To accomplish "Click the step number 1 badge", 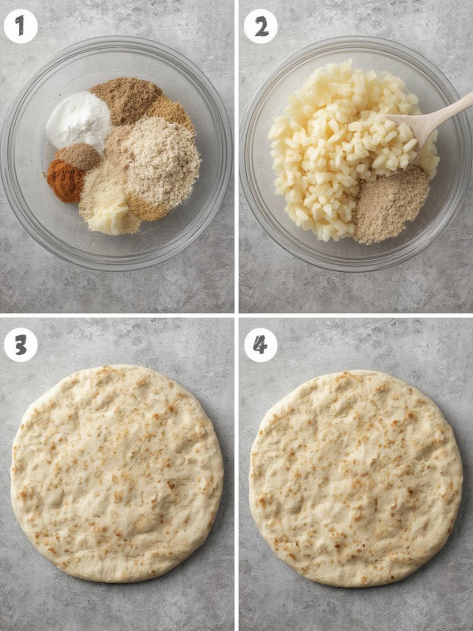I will (x=20, y=27).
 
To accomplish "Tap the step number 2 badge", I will (x=261, y=27).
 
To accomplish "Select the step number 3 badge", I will (x=20, y=345).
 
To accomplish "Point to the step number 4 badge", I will (x=261, y=345).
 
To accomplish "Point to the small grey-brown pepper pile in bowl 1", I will (x=79, y=156).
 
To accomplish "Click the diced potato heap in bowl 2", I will (x=330, y=147).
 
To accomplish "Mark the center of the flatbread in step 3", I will (x=117, y=473).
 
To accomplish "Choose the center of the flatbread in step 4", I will (x=356, y=477).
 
